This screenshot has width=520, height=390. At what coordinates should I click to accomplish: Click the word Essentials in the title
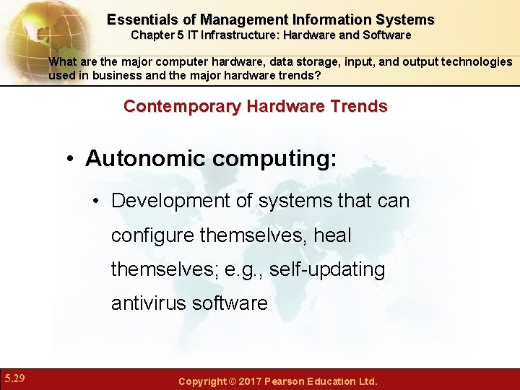point(142,19)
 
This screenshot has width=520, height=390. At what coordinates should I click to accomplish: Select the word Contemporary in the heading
point(182,106)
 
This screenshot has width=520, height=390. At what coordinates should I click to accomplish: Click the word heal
point(332,235)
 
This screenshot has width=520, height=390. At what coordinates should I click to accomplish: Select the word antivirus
point(149,303)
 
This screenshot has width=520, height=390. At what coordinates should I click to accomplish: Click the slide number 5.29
point(14,378)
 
